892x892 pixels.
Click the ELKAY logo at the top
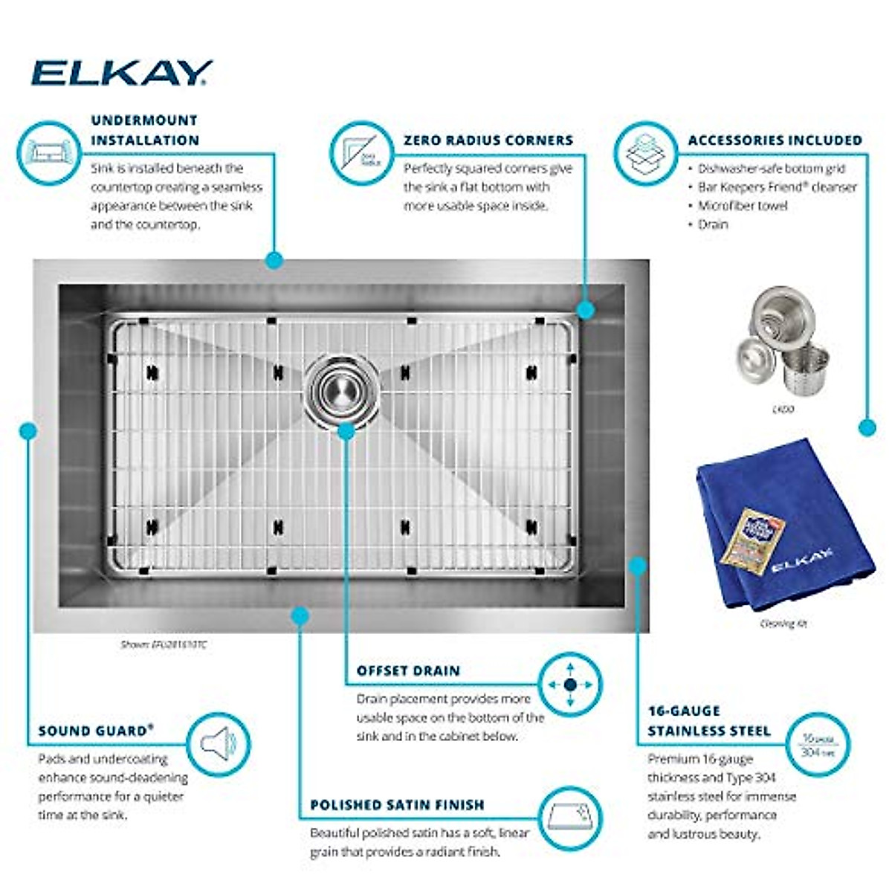coord(121,73)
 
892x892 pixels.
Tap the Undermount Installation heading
coord(145,130)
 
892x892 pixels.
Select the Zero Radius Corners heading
coord(488,140)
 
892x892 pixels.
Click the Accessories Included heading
coord(775,140)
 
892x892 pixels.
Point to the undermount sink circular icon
coord(48,152)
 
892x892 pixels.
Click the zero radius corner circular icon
coord(361,152)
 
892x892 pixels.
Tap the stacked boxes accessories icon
coord(644,152)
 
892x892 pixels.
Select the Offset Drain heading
coord(408,670)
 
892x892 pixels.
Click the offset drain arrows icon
coord(569,685)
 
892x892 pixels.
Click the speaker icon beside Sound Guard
coord(218,744)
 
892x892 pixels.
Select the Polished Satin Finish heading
coord(397,805)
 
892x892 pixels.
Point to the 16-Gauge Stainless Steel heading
coord(708,721)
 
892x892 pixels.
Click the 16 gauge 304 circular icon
coord(818,745)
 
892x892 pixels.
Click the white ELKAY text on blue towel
coord(801,561)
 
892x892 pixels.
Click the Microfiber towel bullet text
coord(742,206)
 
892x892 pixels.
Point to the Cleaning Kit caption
coord(783,624)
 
